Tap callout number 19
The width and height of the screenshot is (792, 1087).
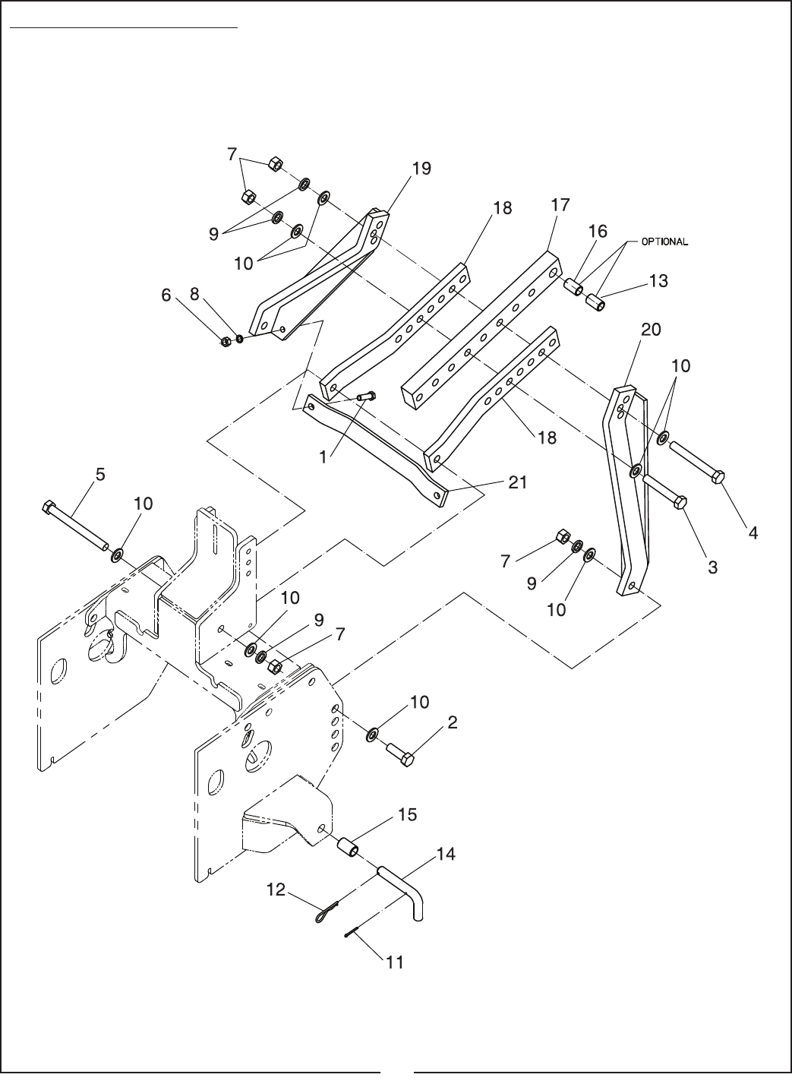click(421, 169)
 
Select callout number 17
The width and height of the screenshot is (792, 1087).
click(560, 205)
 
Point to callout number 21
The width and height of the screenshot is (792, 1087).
click(517, 482)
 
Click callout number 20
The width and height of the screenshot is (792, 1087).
click(650, 330)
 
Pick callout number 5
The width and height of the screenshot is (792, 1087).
click(100, 475)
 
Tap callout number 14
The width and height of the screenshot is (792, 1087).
click(446, 854)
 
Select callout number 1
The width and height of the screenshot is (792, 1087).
click(323, 457)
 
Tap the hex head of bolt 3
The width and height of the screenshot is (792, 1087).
click(680, 502)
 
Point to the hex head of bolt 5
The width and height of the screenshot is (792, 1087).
click(49, 508)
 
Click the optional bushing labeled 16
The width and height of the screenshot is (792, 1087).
click(574, 286)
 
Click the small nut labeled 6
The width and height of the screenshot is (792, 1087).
click(226, 342)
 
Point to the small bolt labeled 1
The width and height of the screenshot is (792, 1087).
click(367, 396)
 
